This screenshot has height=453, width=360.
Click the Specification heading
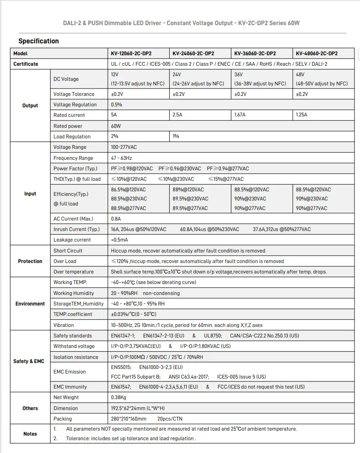click(39, 41)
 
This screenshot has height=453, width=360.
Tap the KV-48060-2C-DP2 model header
click(317, 53)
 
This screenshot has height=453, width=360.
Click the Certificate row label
click(26, 64)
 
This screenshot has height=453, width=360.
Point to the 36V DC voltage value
click(238, 74)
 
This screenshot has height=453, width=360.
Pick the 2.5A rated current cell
click(177, 115)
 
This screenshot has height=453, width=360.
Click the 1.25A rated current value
click(302, 115)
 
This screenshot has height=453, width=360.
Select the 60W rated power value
click(116, 126)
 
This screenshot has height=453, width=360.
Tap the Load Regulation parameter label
click(72, 137)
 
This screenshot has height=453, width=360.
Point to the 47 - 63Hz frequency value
click(121, 158)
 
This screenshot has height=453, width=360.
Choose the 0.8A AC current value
click(115, 219)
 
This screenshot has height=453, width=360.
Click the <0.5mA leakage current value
click(120, 240)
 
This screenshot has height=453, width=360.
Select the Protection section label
click(30, 261)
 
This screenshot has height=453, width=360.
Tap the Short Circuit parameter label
click(68, 251)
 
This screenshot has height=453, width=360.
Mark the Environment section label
click(30, 304)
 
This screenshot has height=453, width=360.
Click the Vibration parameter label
click(63, 325)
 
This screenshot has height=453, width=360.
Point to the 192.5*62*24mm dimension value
click(138, 408)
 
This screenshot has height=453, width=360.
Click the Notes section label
click(30, 434)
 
